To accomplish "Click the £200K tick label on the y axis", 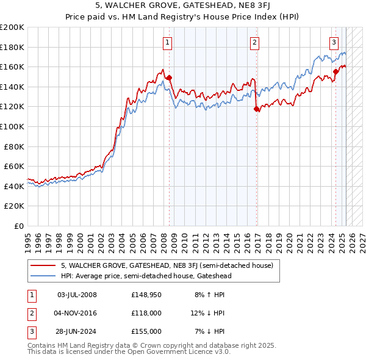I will click(x=12, y=27).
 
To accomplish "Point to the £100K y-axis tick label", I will click(x=12, y=127).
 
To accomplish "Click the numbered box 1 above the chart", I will click(x=167, y=43).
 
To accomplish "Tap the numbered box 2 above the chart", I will click(x=254, y=43).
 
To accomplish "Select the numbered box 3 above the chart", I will click(x=334, y=43).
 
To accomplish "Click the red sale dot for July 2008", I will click(x=169, y=77).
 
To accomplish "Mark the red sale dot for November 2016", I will click(x=256, y=109).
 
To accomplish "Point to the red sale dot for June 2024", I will click(x=336, y=72).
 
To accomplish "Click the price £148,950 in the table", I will click(x=146, y=295).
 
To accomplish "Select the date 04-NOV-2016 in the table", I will click(x=77, y=314).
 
